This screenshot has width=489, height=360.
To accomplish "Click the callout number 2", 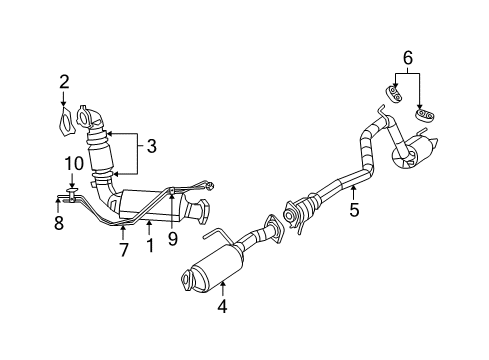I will (x=63, y=81).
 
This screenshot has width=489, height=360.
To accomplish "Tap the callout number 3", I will (x=151, y=146).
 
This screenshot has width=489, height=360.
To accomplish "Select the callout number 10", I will (x=72, y=162).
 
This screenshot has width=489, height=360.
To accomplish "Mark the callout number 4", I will (x=223, y=307).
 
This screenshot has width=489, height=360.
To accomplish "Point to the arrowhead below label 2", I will (x=63, y=102).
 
